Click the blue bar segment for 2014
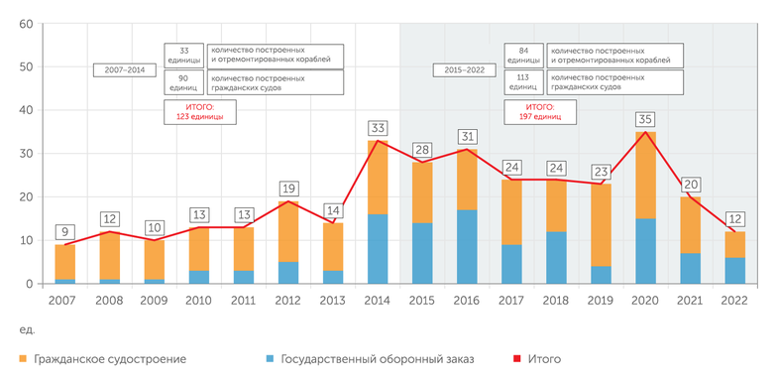[378, 249]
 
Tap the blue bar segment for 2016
[467, 247]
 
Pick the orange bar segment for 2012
[288, 232]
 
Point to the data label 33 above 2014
[378, 128]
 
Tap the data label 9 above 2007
[64, 232]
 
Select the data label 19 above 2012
[288, 189]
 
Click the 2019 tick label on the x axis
[601, 299]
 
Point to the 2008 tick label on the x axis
[110, 299]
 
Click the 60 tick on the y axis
[26, 24]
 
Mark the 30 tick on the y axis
[26, 154]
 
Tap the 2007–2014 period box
[123, 70]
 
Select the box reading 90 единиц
[183, 82]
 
